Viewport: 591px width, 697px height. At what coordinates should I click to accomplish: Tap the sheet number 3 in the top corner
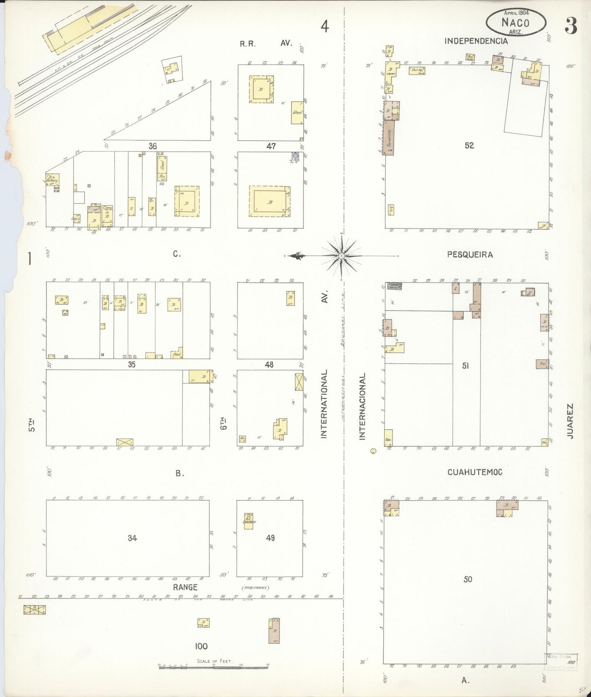click(571, 26)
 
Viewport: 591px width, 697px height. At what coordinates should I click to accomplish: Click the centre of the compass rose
click(341, 256)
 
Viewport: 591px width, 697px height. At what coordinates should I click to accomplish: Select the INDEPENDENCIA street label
click(476, 41)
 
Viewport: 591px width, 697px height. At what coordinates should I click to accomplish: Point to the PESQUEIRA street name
click(470, 254)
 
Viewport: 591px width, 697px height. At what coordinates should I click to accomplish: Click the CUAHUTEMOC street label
click(474, 472)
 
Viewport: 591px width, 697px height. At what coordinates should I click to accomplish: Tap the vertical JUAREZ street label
click(570, 421)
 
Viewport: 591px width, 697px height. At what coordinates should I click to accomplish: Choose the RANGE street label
click(185, 587)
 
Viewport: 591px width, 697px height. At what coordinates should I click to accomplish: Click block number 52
click(469, 145)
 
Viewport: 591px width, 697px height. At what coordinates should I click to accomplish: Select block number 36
click(153, 146)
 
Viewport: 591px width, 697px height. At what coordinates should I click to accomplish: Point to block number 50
click(468, 579)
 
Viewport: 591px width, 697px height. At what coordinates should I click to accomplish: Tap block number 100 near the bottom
click(201, 646)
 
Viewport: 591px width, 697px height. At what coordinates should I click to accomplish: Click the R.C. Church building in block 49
click(249, 521)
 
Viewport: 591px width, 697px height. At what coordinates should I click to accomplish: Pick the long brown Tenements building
click(389, 137)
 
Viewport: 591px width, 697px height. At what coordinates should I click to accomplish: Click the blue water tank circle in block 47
click(295, 156)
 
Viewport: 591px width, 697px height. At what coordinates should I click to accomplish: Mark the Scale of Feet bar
click(213, 666)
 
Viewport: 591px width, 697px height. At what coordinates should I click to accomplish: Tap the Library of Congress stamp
click(561, 661)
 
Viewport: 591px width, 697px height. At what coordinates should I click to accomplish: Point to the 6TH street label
click(223, 423)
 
